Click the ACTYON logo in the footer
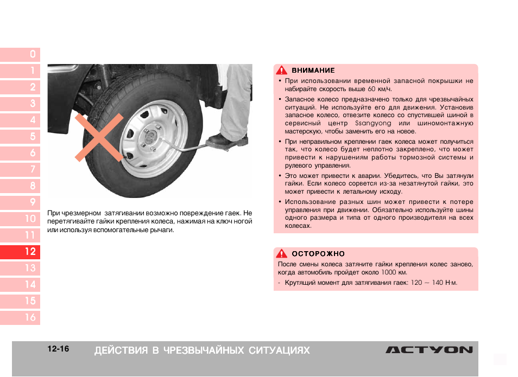[429, 350]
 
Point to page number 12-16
[58, 349]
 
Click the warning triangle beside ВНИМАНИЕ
[281, 71]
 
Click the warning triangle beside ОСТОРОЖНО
[281, 253]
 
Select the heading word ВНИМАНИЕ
[313, 71]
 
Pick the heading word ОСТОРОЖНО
[318, 253]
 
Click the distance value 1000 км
[394, 272]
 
